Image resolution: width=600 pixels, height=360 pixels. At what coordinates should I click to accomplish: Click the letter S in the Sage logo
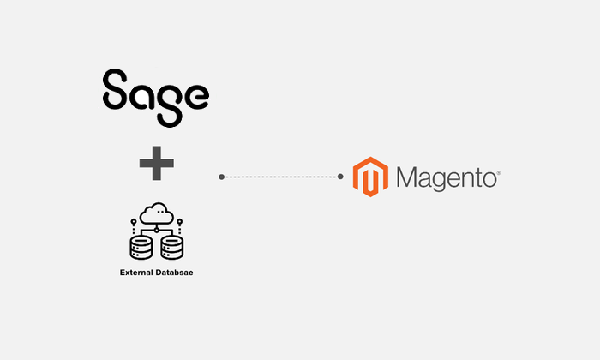pyautogui.click(x=115, y=89)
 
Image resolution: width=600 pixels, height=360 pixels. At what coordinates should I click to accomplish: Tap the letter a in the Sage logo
pyautogui.click(x=141, y=96)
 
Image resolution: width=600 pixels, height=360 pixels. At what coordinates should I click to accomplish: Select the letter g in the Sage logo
pyautogui.click(x=169, y=105)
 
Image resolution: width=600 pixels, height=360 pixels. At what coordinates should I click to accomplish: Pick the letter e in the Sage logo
pyautogui.click(x=196, y=96)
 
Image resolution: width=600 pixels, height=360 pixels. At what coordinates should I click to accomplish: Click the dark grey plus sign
pyautogui.click(x=157, y=163)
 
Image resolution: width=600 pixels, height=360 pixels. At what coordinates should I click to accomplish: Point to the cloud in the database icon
pyautogui.click(x=157, y=213)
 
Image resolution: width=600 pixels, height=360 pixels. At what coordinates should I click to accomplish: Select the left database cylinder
pyautogui.click(x=141, y=248)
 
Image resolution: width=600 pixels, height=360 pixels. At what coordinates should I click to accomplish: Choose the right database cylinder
pyautogui.click(x=172, y=248)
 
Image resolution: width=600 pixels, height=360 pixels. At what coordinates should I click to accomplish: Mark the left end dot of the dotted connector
pyautogui.click(x=221, y=177)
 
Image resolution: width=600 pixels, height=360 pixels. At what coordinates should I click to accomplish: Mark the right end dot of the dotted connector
pyautogui.click(x=340, y=177)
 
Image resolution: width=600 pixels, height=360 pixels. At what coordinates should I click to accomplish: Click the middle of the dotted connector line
pyautogui.click(x=281, y=177)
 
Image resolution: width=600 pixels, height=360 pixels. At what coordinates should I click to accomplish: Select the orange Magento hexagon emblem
pyautogui.click(x=370, y=177)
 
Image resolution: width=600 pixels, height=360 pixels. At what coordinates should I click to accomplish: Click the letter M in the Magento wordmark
pyautogui.click(x=408, y=177)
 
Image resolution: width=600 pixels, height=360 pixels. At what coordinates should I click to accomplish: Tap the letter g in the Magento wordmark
pyautogui.click(x=446, y=182)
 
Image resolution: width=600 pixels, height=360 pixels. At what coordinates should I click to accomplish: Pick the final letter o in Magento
pyautogui.click(x=489, y=179)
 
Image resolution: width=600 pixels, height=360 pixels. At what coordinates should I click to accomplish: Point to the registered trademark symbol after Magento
pyautogui.click(x=499, y=173)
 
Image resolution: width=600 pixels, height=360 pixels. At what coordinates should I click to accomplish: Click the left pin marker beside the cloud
pyautogui.click(x=134, y=225)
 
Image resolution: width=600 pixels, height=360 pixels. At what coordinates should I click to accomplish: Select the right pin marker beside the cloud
pyautogui.click(x=179, y=225)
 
